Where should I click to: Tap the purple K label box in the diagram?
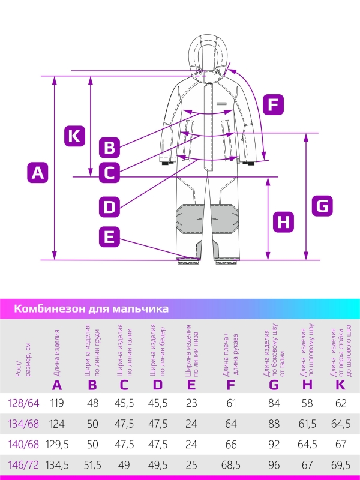click(x=74, y=136)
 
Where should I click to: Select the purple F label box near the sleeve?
click(x=273, y=105)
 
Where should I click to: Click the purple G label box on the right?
click(x=322, y=206)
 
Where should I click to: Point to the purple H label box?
click(x=284, y=222)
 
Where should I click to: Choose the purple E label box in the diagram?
click(x=109, y=236)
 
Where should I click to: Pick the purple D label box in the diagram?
click(x=109, y=207)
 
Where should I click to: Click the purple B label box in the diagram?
click(x=109, y=146)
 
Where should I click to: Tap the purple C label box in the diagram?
click(x=109, y=173)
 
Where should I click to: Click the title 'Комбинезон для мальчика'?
click(x=91, y=308)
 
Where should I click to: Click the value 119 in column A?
click(x=57, y=403)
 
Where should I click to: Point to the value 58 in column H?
click(x=308, y=403)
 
